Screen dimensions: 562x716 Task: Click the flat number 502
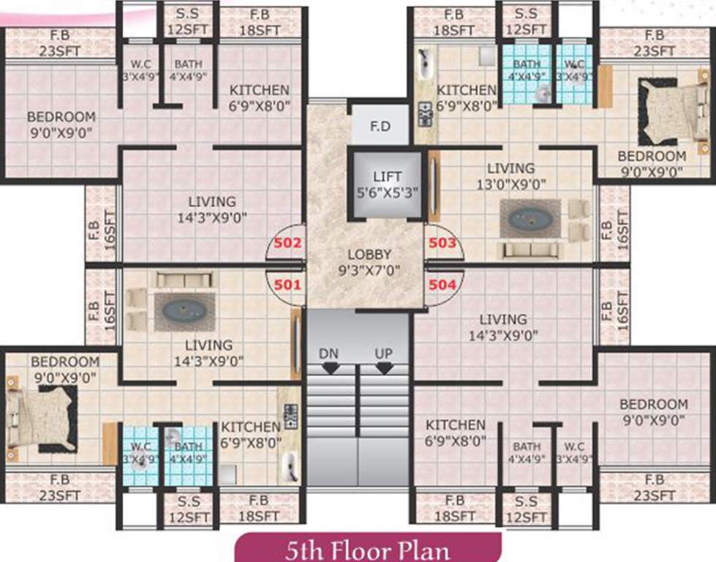pos(287,243)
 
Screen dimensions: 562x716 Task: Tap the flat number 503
pos(442,243)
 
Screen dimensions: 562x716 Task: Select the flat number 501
pos(287,284)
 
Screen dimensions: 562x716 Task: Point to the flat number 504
pos(442,284)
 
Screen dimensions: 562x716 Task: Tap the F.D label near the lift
pos(380,127)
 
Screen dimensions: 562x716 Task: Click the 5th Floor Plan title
pos(368,549)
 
